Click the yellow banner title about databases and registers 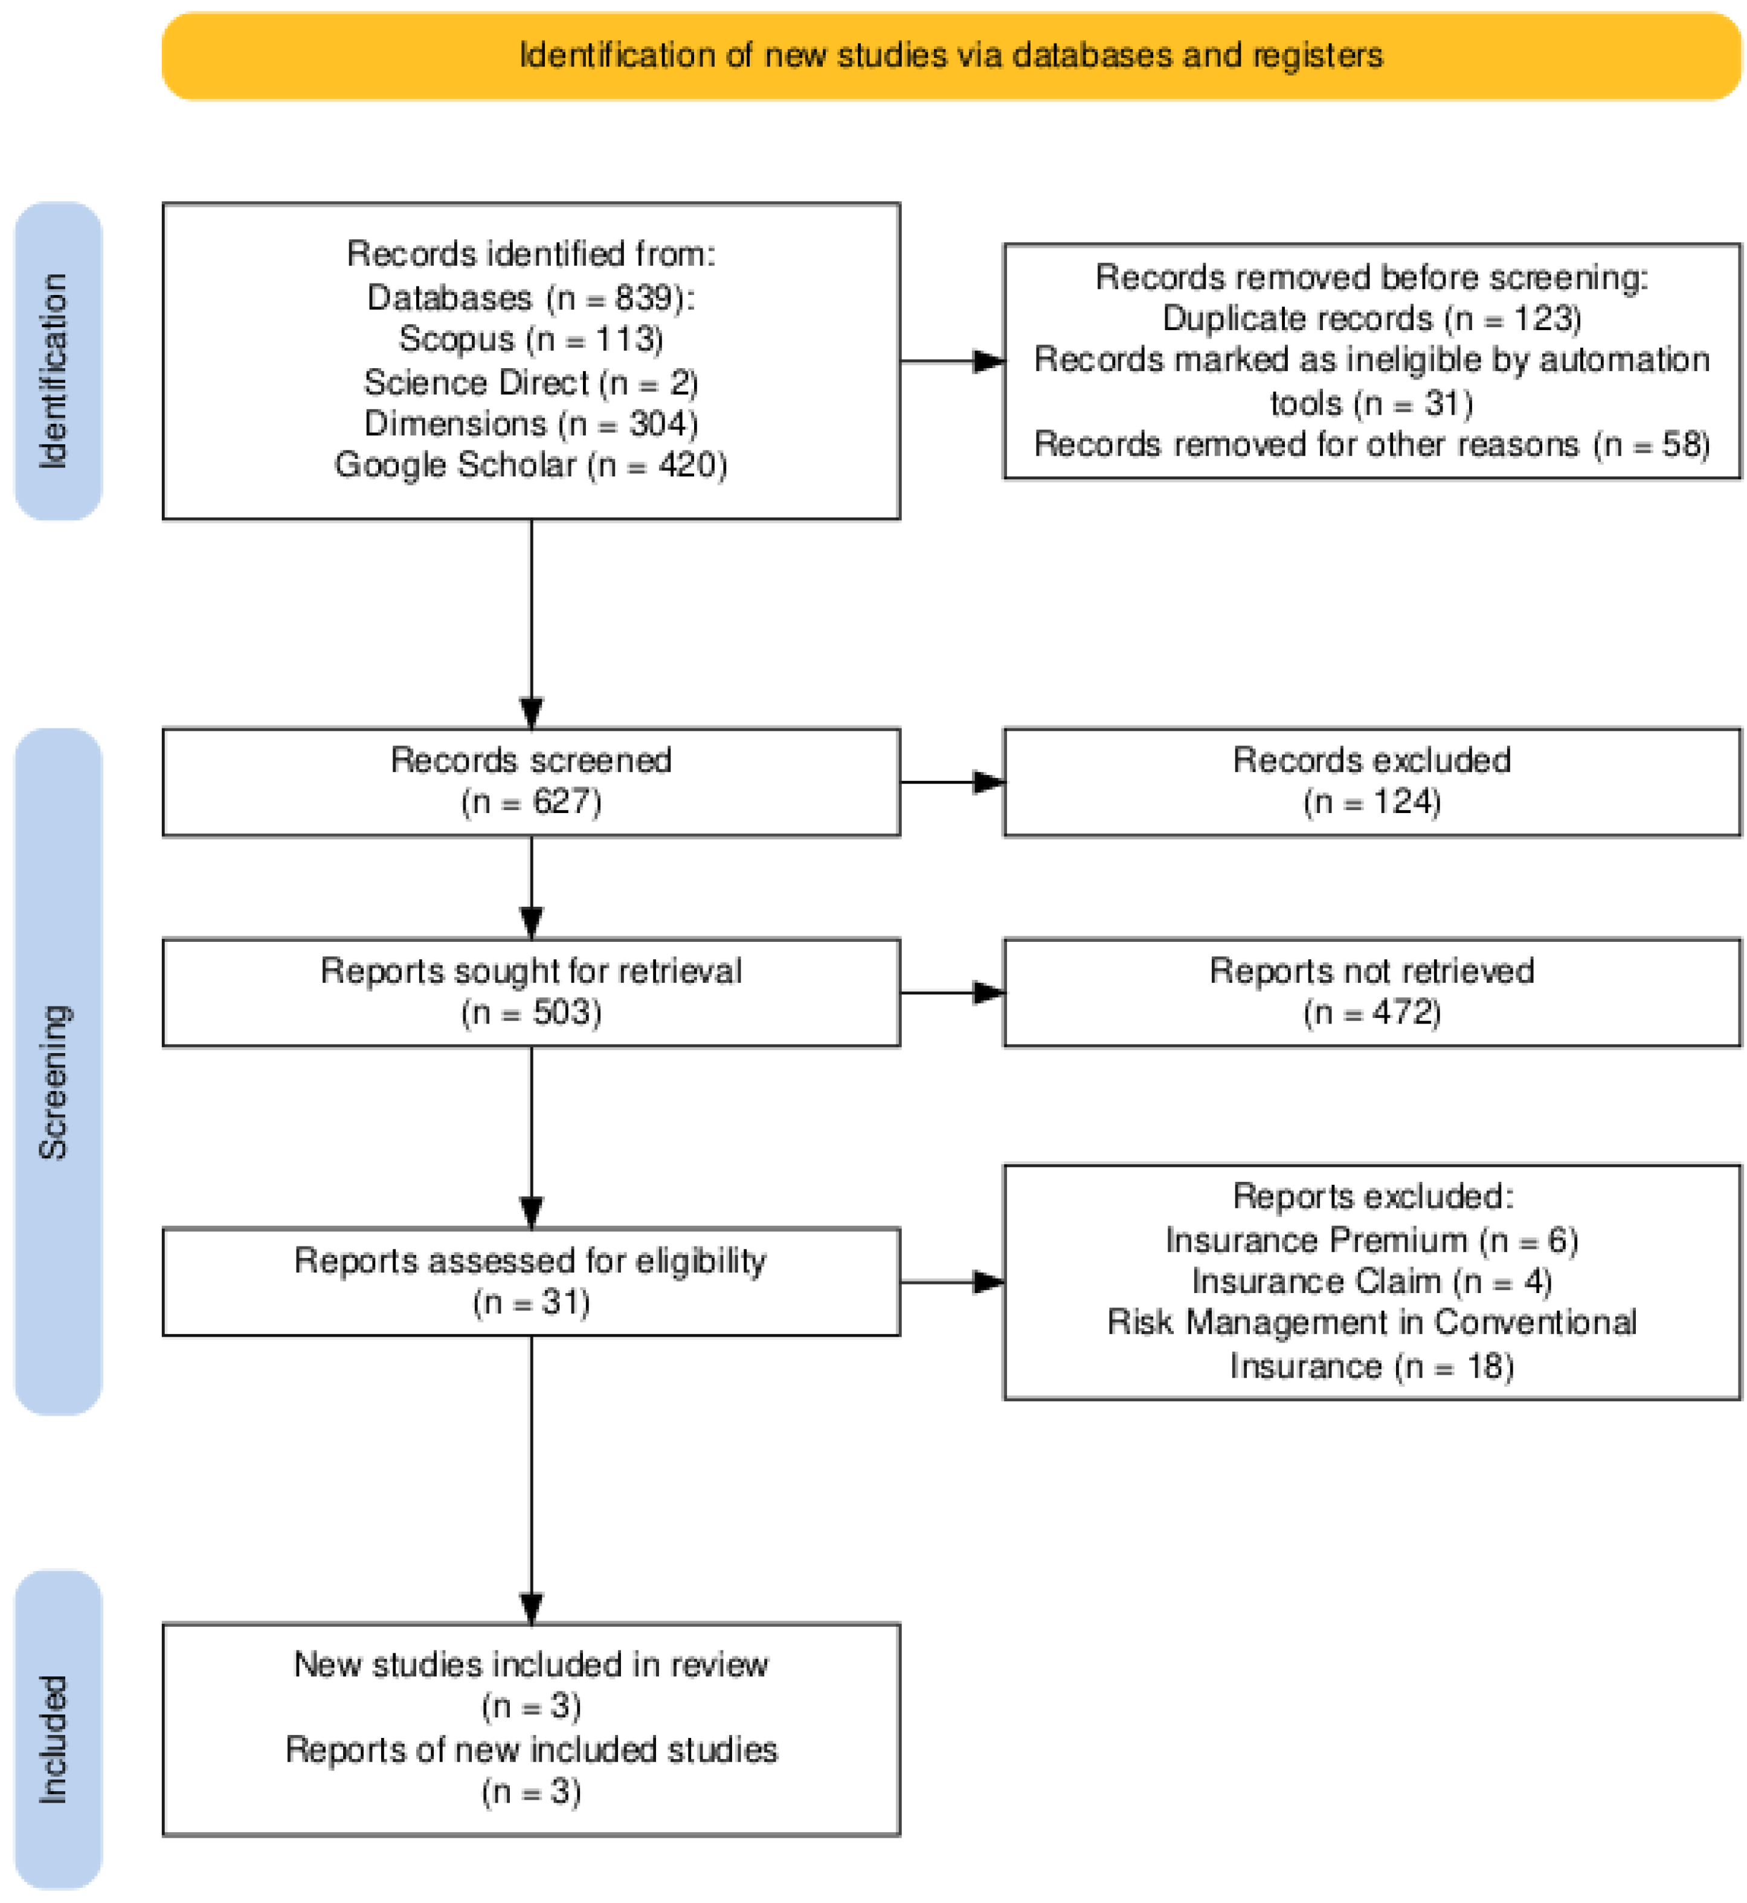point(950,56)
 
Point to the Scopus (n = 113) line point(531,339)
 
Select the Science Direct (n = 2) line point(531,382)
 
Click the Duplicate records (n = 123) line point(1372,319)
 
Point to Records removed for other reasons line point(1372,444)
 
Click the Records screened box point(531,781)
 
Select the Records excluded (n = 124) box point(1372,781)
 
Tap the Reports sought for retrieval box point(531,992)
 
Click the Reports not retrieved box point(1372,992)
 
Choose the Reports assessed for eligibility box point(531,1282)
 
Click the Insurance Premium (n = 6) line point(1372,1240)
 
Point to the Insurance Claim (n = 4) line point(1372,1282)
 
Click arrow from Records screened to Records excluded point(951,782)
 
